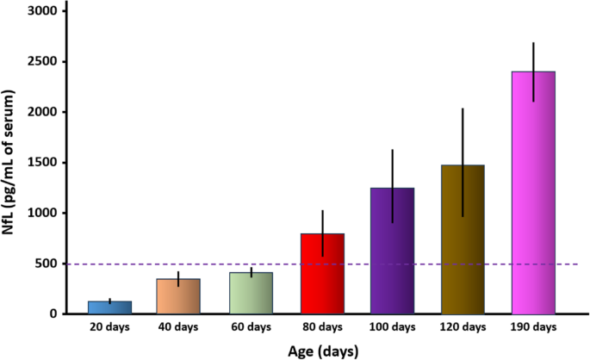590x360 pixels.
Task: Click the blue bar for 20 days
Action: click(x=110, y=307)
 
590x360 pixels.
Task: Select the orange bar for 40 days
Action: click(x=178, y=296)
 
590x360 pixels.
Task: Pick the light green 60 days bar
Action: click(x=251, y=293)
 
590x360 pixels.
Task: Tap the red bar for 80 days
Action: click(x=322, y=274)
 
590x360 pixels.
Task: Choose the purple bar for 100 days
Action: click(x=393, y=251)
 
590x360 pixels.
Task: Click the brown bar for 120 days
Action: click(x=463, y=239)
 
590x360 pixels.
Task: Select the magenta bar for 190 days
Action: click(x=533, y=193)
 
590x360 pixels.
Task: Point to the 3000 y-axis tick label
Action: click(x=42, y=11)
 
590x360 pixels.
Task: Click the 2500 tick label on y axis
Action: click(x=42, y=61)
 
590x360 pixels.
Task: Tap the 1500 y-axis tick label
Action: click(x=42, y=163)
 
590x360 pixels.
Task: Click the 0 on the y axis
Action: click(x=53, y=313)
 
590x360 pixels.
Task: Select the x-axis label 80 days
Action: click(x=322, y=327)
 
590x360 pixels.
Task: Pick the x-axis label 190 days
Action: click(x=533, y=327)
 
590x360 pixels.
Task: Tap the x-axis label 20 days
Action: click(x=109, y=327)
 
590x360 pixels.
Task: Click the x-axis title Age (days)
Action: click(x=323, y=351)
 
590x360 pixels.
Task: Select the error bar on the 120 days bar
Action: click(x=463, y=163)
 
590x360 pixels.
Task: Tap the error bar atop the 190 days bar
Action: click(x=533, y=71)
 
